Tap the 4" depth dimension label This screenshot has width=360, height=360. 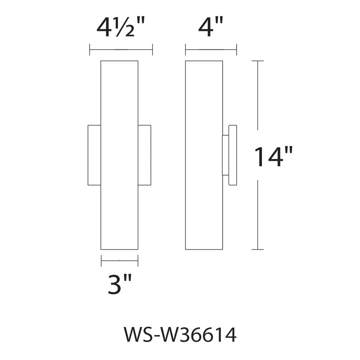pos(210,27)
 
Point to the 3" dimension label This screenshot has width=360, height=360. pos(120,284)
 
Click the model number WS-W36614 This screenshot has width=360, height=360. pos(180,334)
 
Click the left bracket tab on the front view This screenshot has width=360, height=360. pos(94,155)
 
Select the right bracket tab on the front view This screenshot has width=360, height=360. pos(144,155)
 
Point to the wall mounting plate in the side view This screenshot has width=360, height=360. pos(233,155)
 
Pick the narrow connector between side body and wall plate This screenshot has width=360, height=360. pos(225,155)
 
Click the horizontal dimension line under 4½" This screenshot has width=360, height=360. pos(121,50)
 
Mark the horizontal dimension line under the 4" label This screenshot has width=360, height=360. pos(211,50)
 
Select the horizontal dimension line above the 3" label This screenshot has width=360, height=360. pos(119,261)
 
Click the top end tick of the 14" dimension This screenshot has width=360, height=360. pos(258,61)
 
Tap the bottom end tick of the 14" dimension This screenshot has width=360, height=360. pos(258,249)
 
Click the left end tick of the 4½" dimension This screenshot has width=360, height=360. pos(90,50)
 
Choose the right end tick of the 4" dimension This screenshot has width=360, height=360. pos(236,50)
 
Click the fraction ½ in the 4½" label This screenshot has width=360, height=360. pos(127,29)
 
